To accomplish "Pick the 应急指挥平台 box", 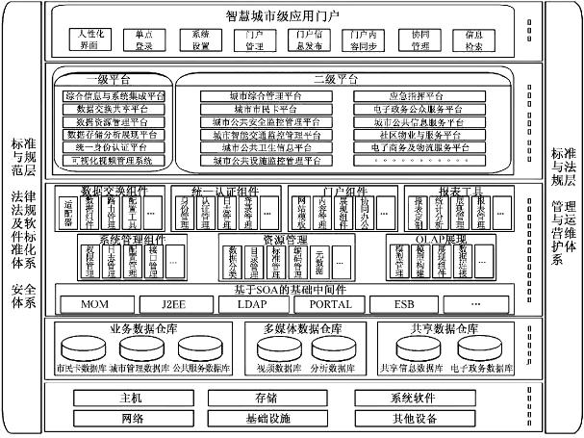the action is (x=416, y=97).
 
